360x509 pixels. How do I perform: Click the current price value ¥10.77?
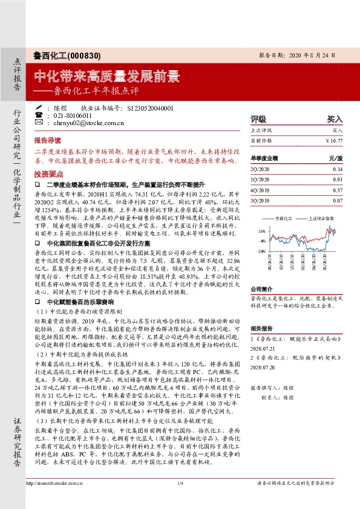click(334, 140)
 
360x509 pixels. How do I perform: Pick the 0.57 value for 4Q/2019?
click(337, 190)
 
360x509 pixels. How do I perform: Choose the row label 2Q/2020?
click(260, 169)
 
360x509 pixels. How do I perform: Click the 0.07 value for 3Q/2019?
click(337, 200)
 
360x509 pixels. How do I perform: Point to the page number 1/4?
click(180, 500)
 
